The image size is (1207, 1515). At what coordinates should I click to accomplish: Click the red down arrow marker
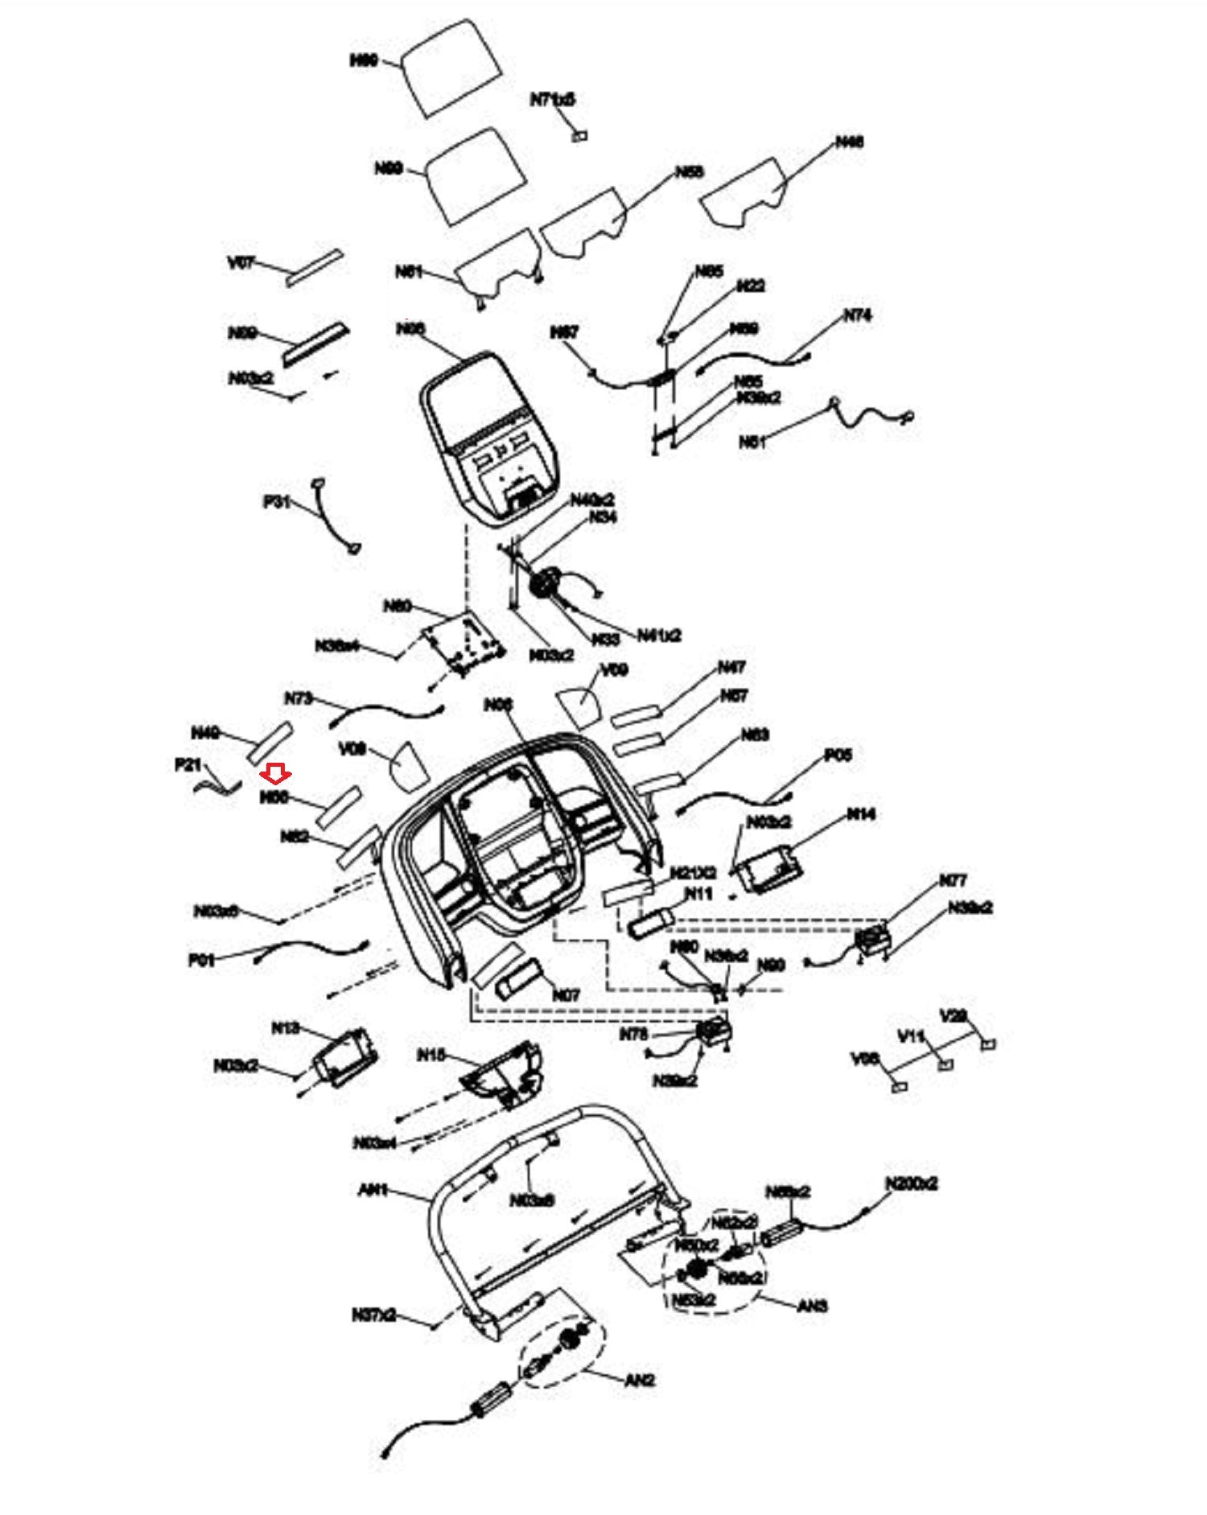(277, 774)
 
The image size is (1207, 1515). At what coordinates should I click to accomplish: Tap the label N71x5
(552, 100)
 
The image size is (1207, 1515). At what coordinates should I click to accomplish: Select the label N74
(857, 315)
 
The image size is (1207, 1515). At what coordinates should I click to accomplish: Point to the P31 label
(276, 501)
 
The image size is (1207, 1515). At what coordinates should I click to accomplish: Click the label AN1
(373, 1189)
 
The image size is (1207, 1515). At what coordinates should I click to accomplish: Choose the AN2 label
(640, 1381)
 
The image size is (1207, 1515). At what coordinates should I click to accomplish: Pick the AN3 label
(812, 1306)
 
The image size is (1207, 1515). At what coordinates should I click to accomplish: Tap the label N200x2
(911, 1184)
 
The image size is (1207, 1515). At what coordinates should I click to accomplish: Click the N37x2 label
(373, 1315)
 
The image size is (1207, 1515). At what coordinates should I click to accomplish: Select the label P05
(838, 755)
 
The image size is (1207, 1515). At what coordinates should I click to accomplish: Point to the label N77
(953, 880)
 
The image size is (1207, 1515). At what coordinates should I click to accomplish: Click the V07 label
(241, 262)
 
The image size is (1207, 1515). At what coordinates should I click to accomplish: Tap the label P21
(187, 764)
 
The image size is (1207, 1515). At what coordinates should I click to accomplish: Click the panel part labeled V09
(579, 706)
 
